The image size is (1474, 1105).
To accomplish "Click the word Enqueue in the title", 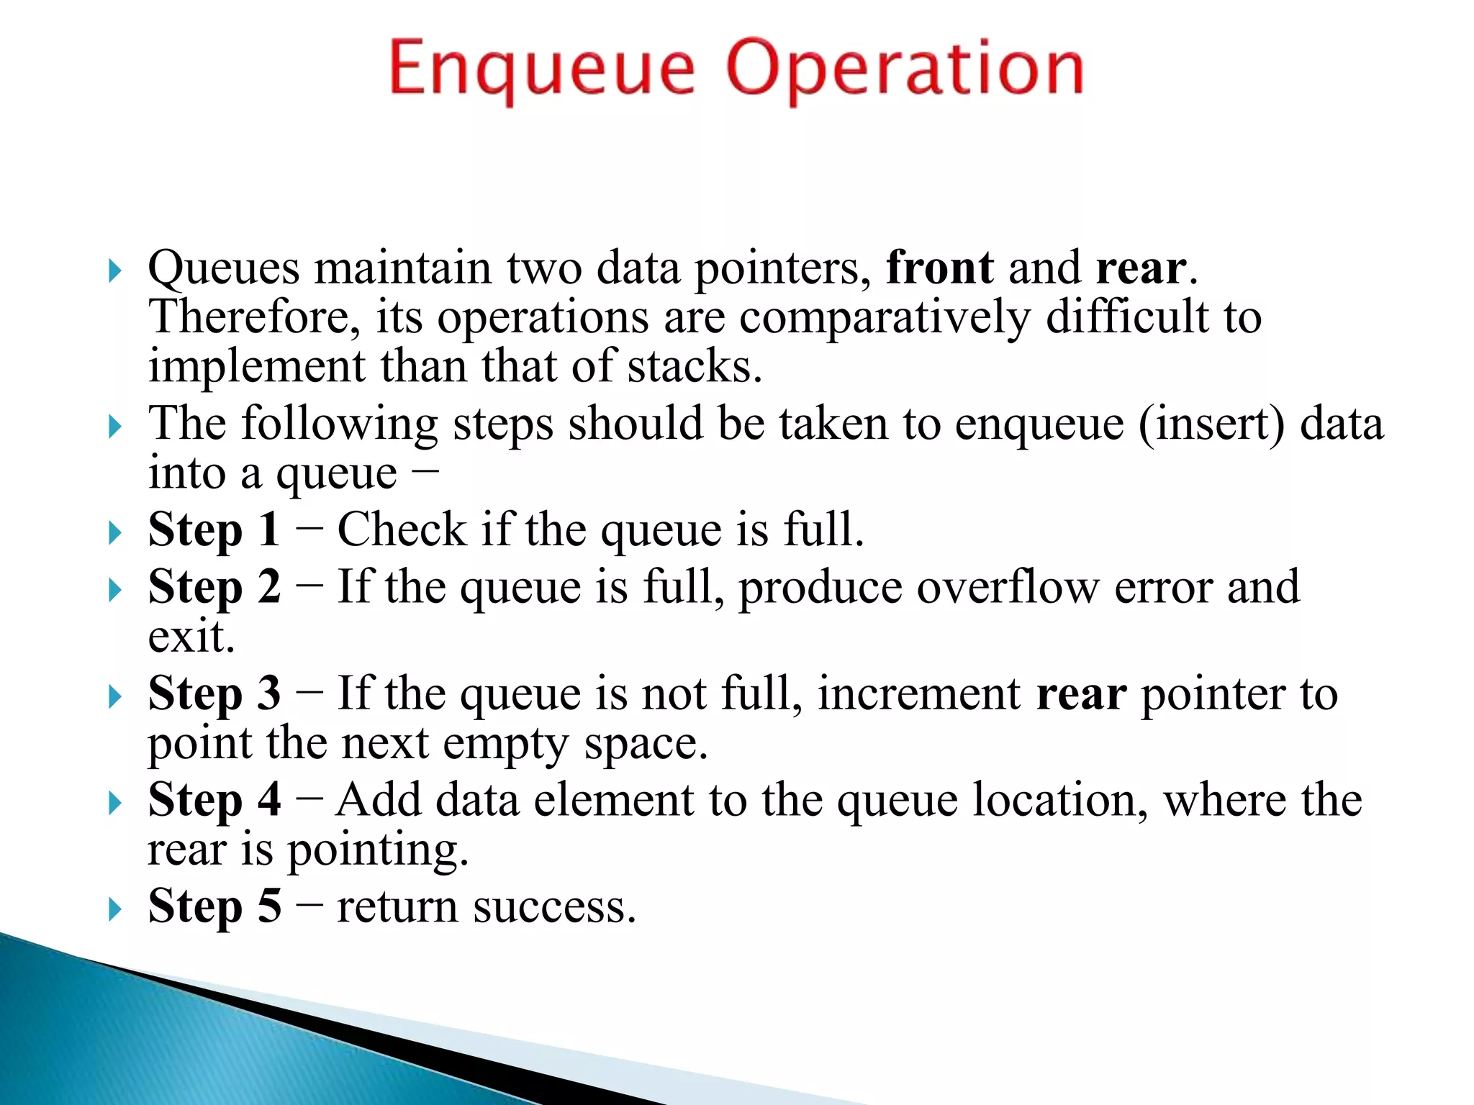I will click(x=541, y=70).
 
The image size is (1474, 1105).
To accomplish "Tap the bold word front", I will click(x=940, y=268).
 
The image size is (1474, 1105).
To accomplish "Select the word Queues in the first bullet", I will click(x=223, y=268).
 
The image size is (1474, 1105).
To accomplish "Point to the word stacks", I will click(x=693, y=367).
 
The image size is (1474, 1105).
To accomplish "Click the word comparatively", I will click(x=885, y=317).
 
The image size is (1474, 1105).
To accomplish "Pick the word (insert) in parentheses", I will click(x=1211, y=424).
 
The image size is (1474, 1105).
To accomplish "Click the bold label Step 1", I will click(x=214, y=530).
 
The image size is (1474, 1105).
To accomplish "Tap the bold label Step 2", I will click(x=214, y=587).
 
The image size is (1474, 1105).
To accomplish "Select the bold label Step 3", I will click(x=214, y=694).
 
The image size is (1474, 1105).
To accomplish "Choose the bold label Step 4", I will click(x=214, y=800).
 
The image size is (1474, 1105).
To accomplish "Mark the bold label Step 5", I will click(x=214, y=906).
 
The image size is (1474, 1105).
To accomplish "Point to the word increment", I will click(x=919, y=694).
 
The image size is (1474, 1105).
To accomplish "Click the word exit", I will click(x=191, y=637).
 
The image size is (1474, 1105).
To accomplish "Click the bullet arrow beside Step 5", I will click(x=114, y=909).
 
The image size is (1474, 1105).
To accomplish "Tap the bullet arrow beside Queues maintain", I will click(x=114, y=271).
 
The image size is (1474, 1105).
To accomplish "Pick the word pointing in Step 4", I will click(x=377, y=851).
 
